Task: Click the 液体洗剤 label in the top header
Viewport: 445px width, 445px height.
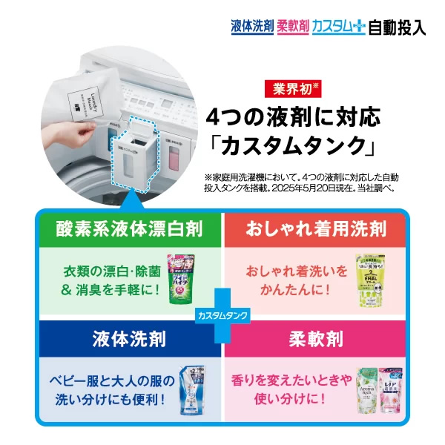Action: click(252, 27)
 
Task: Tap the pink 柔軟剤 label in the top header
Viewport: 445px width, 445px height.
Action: click(293, 27)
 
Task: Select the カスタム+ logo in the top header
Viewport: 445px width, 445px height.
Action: click(339, 27)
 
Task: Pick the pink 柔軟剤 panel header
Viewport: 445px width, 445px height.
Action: click(314, 340)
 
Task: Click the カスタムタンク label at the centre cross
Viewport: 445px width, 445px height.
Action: click(222, 314)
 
